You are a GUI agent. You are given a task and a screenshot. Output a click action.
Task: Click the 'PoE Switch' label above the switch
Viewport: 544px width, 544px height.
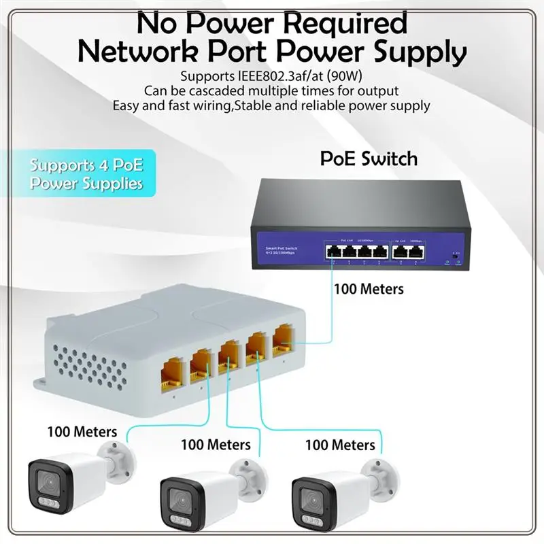point(369,159)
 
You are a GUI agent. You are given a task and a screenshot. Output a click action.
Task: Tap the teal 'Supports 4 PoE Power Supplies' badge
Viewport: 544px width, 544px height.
point(86,174)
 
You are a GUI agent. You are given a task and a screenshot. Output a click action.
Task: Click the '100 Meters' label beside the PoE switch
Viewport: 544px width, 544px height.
point(369,289)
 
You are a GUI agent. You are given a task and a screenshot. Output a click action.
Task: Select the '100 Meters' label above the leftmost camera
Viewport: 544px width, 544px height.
point(82,431)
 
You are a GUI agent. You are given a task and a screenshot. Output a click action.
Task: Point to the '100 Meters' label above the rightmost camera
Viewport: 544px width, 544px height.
point(340,445)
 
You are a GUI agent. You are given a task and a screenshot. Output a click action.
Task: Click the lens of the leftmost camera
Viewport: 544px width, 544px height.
point(47,484)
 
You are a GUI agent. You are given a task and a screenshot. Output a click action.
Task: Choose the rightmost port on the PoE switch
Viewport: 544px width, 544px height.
point(417,252)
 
